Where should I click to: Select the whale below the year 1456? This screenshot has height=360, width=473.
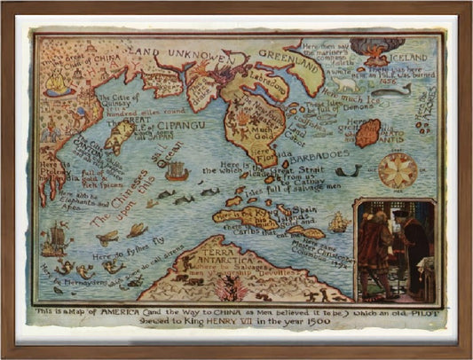pos(394,90)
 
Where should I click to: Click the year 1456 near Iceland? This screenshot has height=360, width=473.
pos(415,79)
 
